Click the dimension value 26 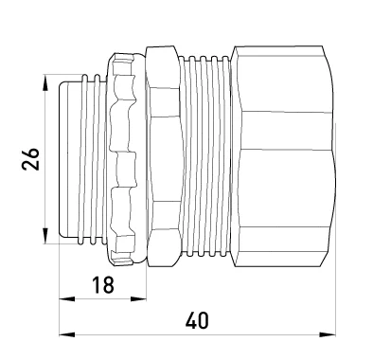tap(31, 159)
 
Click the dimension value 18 tap(103, 284)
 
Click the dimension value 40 tap(197, 321)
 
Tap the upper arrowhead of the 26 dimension tap(45, 83)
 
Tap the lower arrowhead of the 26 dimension tap(45, 236)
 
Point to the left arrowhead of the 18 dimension tap(67, 299)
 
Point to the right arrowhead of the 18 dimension tap(138, 299)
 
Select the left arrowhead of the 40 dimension tap(67, 334)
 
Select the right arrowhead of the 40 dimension tap(328, 334)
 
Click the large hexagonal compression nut tap(283, 156)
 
